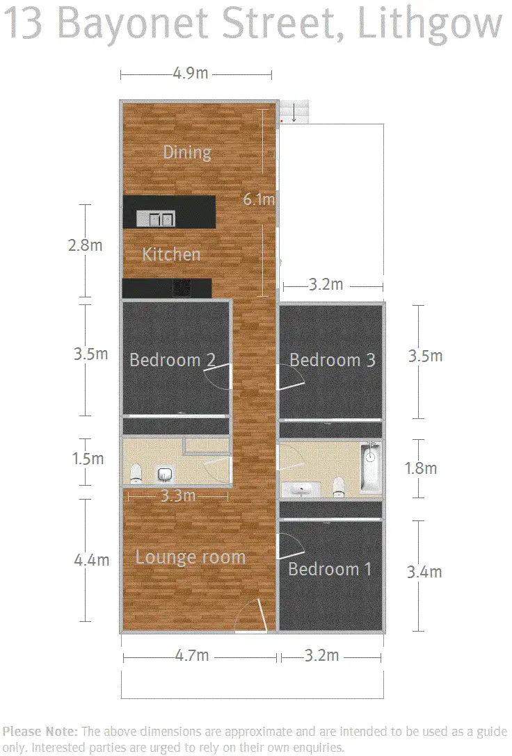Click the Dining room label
click(x=186, y=152)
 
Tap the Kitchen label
click(x=171, y=254)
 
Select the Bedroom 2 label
click(x=172, y=360)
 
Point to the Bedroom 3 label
click(x=332, y=360)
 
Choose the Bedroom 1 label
click(x=330, y=569)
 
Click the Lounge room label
click(x=190, y=557)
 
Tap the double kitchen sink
click(x=155, y=220)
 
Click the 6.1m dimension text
click(x=258, y=200)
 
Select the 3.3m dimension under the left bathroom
click(x=177, y=496)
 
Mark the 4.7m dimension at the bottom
click(x=191, y=655)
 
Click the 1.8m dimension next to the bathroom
click(x=420, y=468)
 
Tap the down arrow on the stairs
click(x=294, y=113)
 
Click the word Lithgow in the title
click(x=430, y=25)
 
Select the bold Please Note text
click(x=40, y=731)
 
